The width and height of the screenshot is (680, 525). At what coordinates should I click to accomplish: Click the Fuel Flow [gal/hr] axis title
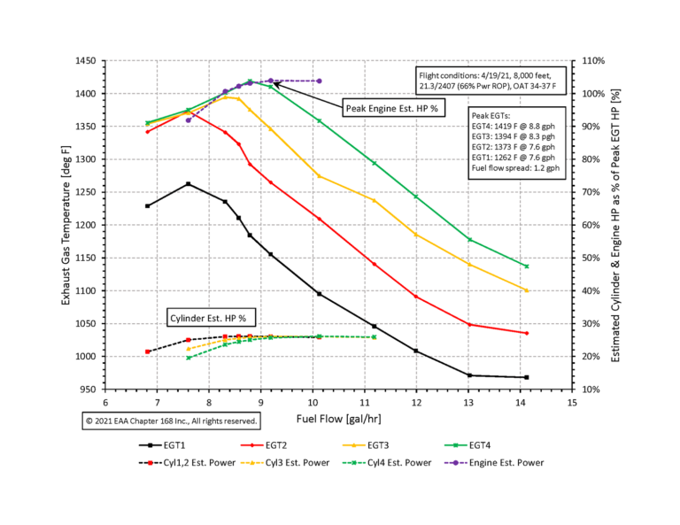click(339, 413)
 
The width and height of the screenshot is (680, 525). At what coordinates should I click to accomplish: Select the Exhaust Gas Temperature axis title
click(67, 225)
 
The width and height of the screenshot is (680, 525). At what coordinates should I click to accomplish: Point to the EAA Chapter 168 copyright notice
click(172, 421)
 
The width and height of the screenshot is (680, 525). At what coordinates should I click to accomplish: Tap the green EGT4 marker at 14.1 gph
click(551, 266)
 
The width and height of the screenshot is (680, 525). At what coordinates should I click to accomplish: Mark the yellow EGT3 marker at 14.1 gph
click(551, 290)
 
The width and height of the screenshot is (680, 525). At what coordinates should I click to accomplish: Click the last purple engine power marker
click(319, 81)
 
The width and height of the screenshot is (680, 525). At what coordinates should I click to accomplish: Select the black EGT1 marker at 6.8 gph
click(148, 205)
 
